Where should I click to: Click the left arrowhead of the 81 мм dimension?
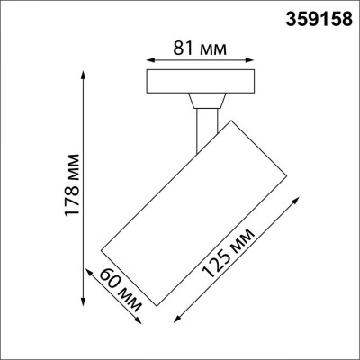(x=148, y=61)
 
